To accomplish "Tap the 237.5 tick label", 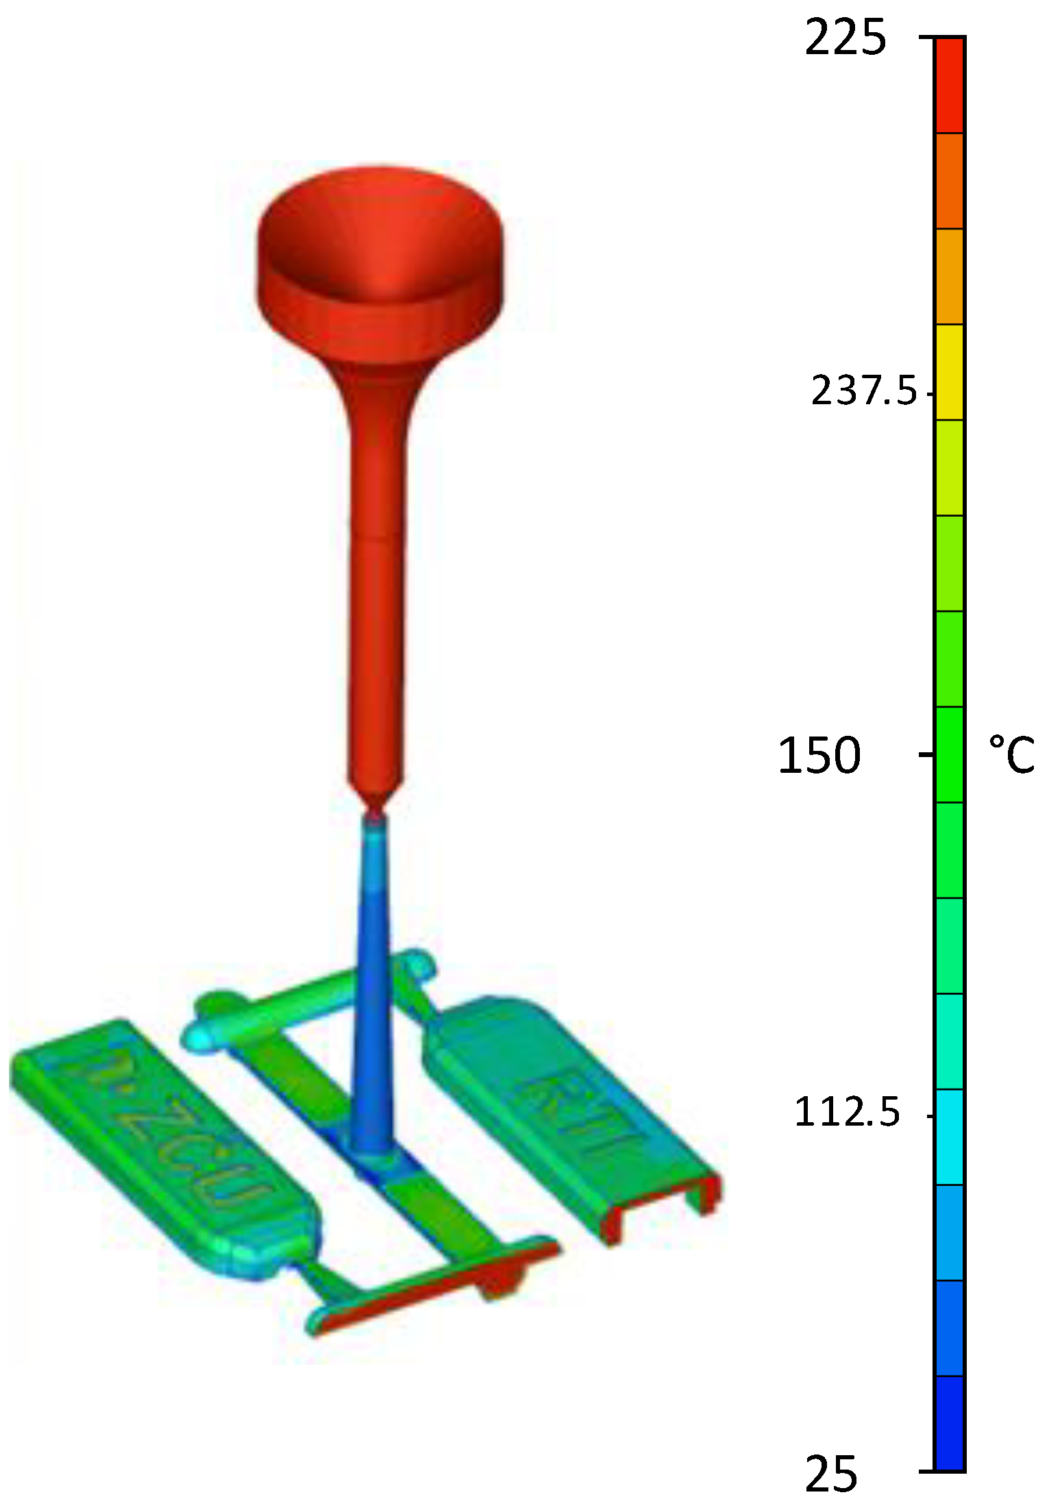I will coord(863,393).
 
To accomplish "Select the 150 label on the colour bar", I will coord(819,756).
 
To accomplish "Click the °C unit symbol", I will coord(1011,755).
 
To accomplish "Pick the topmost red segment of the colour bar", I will coord(950,85).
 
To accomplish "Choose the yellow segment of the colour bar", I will coord(950,371).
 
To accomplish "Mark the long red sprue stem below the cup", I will coord(375,582).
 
